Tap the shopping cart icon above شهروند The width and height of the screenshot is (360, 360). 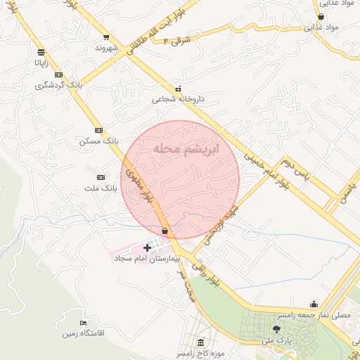(x=106, y=37)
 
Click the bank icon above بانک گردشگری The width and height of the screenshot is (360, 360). (x=58, y=75)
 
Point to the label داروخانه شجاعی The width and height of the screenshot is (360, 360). (x=179, y=100)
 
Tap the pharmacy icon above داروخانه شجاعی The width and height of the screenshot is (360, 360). (x=178, y=89)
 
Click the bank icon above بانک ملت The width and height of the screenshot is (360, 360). (x=101, y=177)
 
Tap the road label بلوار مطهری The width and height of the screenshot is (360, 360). (x=140, y=187)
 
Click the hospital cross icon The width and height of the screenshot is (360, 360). (x=147, y=247)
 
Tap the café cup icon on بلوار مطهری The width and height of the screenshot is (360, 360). (x=165, y=231)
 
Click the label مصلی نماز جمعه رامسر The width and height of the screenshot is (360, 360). (x=312, y=316)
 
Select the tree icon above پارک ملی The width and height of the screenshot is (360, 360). (x=275, y=329)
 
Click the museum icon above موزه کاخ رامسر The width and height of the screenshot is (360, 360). (x=201, y=342)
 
